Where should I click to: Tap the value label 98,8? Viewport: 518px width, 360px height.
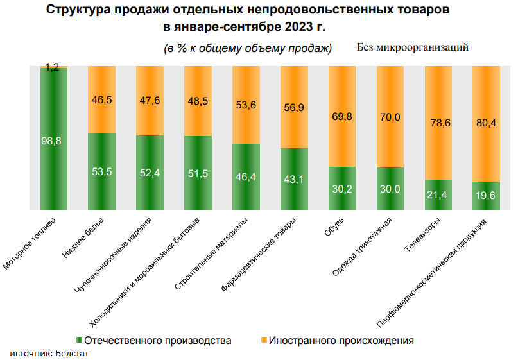pos(54,141)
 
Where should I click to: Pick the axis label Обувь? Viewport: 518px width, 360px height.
pos(336,228)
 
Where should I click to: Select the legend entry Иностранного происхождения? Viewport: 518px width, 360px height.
pos(341,340)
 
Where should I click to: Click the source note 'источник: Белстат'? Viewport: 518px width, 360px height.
pos(49,353)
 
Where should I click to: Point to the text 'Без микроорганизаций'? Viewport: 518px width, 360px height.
pos(412,47)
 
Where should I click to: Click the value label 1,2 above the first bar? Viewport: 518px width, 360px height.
pos(54,66)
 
